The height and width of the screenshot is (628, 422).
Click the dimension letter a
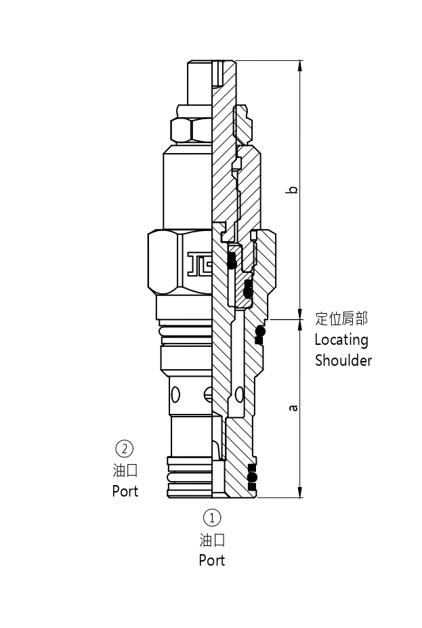(293, 408)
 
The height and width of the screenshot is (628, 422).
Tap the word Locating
(341, 340)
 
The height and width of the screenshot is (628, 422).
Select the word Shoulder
(343, 360)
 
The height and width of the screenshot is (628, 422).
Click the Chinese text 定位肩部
(342, 318)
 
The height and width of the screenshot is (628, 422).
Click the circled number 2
(125, 448)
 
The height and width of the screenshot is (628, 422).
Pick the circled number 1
(212, 518)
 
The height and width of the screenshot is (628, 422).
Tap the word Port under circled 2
(125, 491)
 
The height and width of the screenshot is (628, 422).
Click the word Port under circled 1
(212, 561)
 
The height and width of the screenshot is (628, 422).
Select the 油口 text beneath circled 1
(212, 540)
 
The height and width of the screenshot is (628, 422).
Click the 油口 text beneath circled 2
(125, 470)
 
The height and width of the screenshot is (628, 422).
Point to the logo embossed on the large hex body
(199, 264)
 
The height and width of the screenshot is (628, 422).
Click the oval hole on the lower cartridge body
(176, 394)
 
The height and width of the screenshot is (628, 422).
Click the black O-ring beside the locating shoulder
(259, 331)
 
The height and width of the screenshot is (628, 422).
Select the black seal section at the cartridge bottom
(253, 477)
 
